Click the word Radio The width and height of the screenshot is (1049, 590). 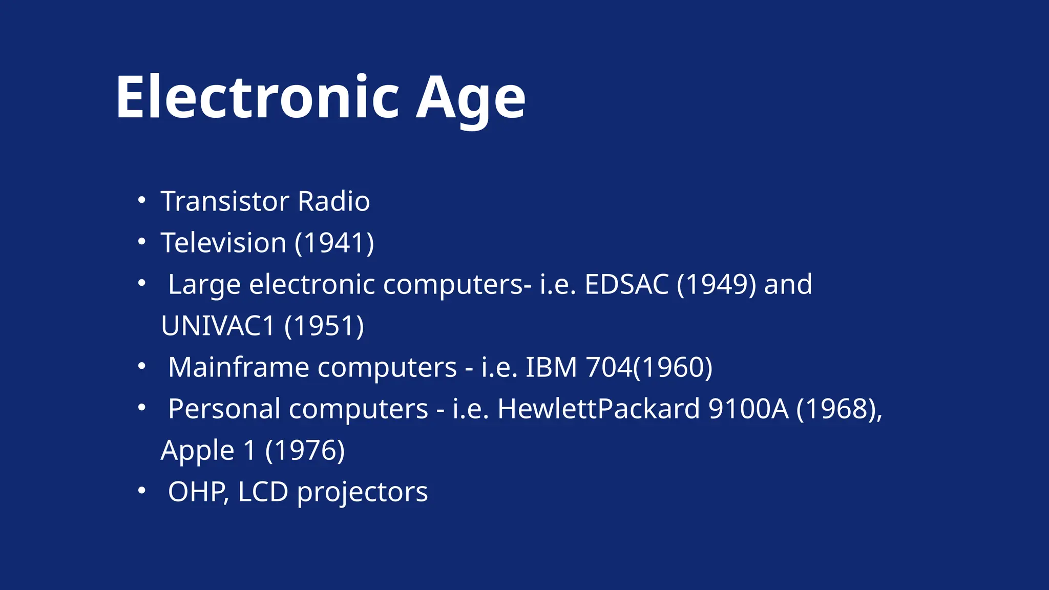(333, 201)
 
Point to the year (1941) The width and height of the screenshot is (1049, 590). (334, 242)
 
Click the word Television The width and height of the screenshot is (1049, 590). (223, 242)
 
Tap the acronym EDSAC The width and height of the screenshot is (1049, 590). (626, 284)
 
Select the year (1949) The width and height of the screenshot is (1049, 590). (716, 284)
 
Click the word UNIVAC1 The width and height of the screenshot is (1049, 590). (218, 326)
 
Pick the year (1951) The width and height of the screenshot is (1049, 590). (324, 326)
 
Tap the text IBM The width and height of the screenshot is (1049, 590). (551, 367)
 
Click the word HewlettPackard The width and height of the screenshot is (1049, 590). (598, 409)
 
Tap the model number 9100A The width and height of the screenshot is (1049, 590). (748, 409)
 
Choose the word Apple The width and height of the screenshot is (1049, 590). (197, 451)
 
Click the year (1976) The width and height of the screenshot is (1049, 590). (305, 451)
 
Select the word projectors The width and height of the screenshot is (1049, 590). (362, 492)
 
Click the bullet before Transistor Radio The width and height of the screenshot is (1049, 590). (142, 200)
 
